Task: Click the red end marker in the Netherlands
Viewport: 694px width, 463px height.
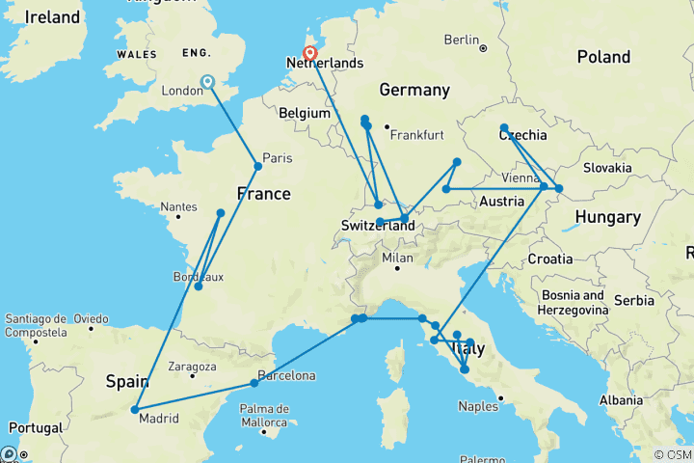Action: (310, 54)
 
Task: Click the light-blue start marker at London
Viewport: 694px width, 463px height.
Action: (207, 83)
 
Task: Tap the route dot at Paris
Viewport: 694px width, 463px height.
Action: (257, 167)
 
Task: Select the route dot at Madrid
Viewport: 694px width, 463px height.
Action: (135, 409)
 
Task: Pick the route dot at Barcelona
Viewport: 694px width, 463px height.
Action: (254, 383)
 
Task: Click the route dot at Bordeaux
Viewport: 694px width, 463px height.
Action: (198, 286)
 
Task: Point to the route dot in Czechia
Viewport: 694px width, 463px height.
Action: (504, 127)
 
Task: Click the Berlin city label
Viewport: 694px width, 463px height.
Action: (462, 40)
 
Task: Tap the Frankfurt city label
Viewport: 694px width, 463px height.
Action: (417, 134)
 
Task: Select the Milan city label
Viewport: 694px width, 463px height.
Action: (396, 258)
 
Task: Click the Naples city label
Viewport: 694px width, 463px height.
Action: (478, 406)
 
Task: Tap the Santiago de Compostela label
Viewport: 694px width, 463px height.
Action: (35, 325)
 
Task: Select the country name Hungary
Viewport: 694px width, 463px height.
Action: (607, 218)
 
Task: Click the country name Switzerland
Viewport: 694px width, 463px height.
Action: (378, 226)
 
